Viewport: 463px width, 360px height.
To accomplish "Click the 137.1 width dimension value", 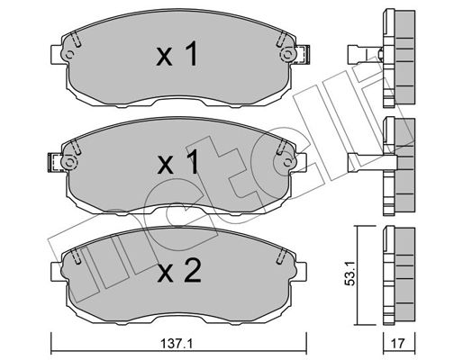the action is point(177,343).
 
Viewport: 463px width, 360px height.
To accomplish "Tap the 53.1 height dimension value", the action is point(350,273).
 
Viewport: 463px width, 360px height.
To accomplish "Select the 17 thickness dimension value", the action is point(398,343).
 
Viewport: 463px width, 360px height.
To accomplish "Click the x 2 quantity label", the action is point(179,272).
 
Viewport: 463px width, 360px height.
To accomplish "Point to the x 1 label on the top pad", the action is point(177,54).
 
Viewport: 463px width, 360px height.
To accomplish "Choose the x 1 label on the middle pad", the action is point(178,162).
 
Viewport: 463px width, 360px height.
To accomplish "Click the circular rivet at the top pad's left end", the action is point(69,55).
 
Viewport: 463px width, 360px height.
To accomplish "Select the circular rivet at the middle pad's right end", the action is point(287,163).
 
